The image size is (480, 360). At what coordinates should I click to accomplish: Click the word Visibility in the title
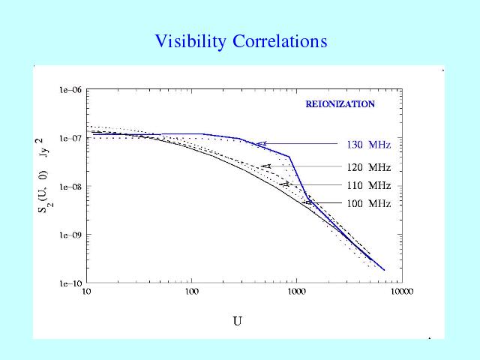click(188, 41)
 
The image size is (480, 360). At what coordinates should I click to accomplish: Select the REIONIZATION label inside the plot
click(340, 104)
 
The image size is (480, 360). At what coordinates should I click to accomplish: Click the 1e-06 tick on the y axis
click(70, 90)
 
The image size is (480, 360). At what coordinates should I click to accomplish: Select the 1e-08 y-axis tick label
click(70, 187)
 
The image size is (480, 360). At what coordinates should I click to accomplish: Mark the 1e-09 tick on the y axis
click(70, 235)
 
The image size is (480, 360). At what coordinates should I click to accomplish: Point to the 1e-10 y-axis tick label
click(70, 283)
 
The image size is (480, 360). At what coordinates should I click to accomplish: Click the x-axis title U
click(237, 322)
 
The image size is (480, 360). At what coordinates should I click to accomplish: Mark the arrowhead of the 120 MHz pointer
click(265, 166)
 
